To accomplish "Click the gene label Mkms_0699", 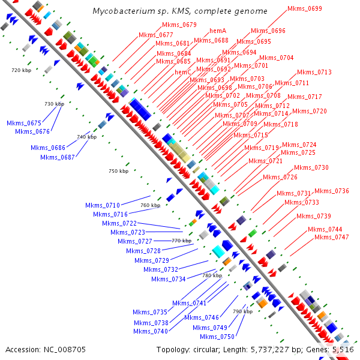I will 305,9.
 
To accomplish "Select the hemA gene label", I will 218,31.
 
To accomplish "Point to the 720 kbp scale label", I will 20,70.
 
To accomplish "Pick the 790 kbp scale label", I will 242,311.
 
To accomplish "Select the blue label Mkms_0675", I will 24,123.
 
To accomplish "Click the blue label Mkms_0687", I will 58,157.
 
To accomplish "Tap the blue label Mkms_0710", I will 103,205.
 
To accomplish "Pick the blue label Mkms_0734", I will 169,279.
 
